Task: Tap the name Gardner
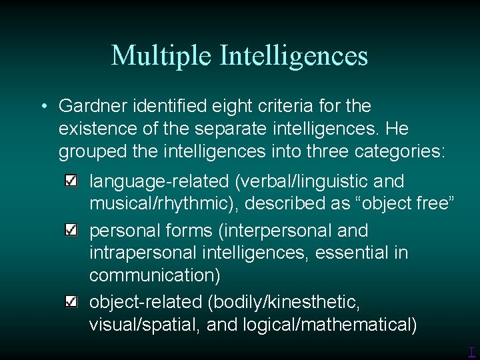click(x=91, y=106)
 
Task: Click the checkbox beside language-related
click(x=71, y=181)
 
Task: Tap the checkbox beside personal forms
click(x=71, y=230)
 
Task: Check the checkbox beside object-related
click(x=71, y=301)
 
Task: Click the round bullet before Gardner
click(x=43, y=107)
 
